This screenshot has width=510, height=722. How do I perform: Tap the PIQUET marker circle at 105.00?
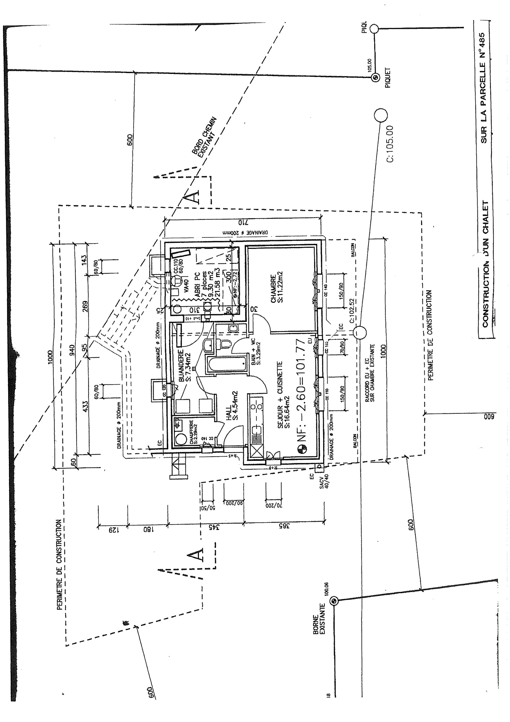click(376, 78)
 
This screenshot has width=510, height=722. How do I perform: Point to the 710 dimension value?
click(243, 223)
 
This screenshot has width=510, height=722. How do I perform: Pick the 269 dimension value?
click(85, 307)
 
